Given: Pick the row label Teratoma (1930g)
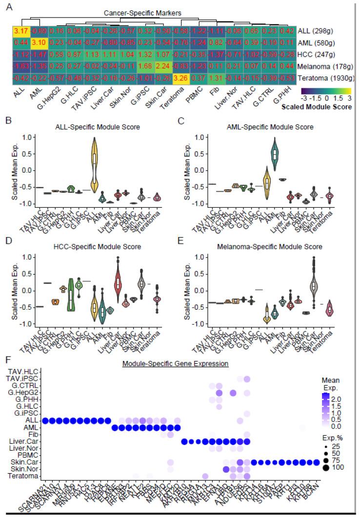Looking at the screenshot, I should pos(316,77).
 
